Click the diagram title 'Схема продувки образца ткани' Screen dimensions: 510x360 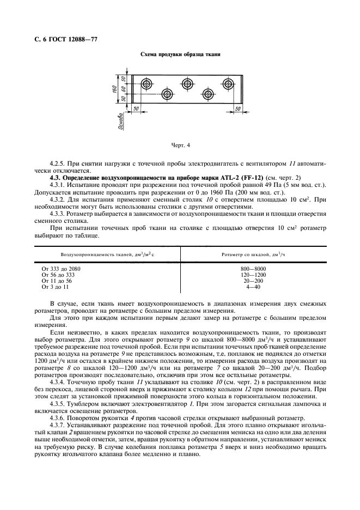(180, 56)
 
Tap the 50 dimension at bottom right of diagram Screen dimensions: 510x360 (237, 109)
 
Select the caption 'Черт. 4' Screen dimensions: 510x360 (180, 145)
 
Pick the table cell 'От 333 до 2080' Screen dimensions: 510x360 (64, 269)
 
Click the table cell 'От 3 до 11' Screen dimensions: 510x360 (56, 286)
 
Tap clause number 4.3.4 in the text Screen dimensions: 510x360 (59, 399)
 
